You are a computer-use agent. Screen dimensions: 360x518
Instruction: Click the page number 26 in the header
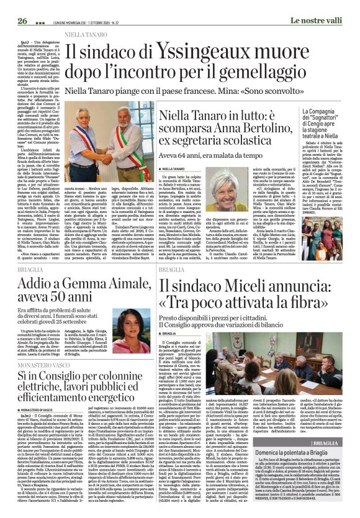(22, 20)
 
